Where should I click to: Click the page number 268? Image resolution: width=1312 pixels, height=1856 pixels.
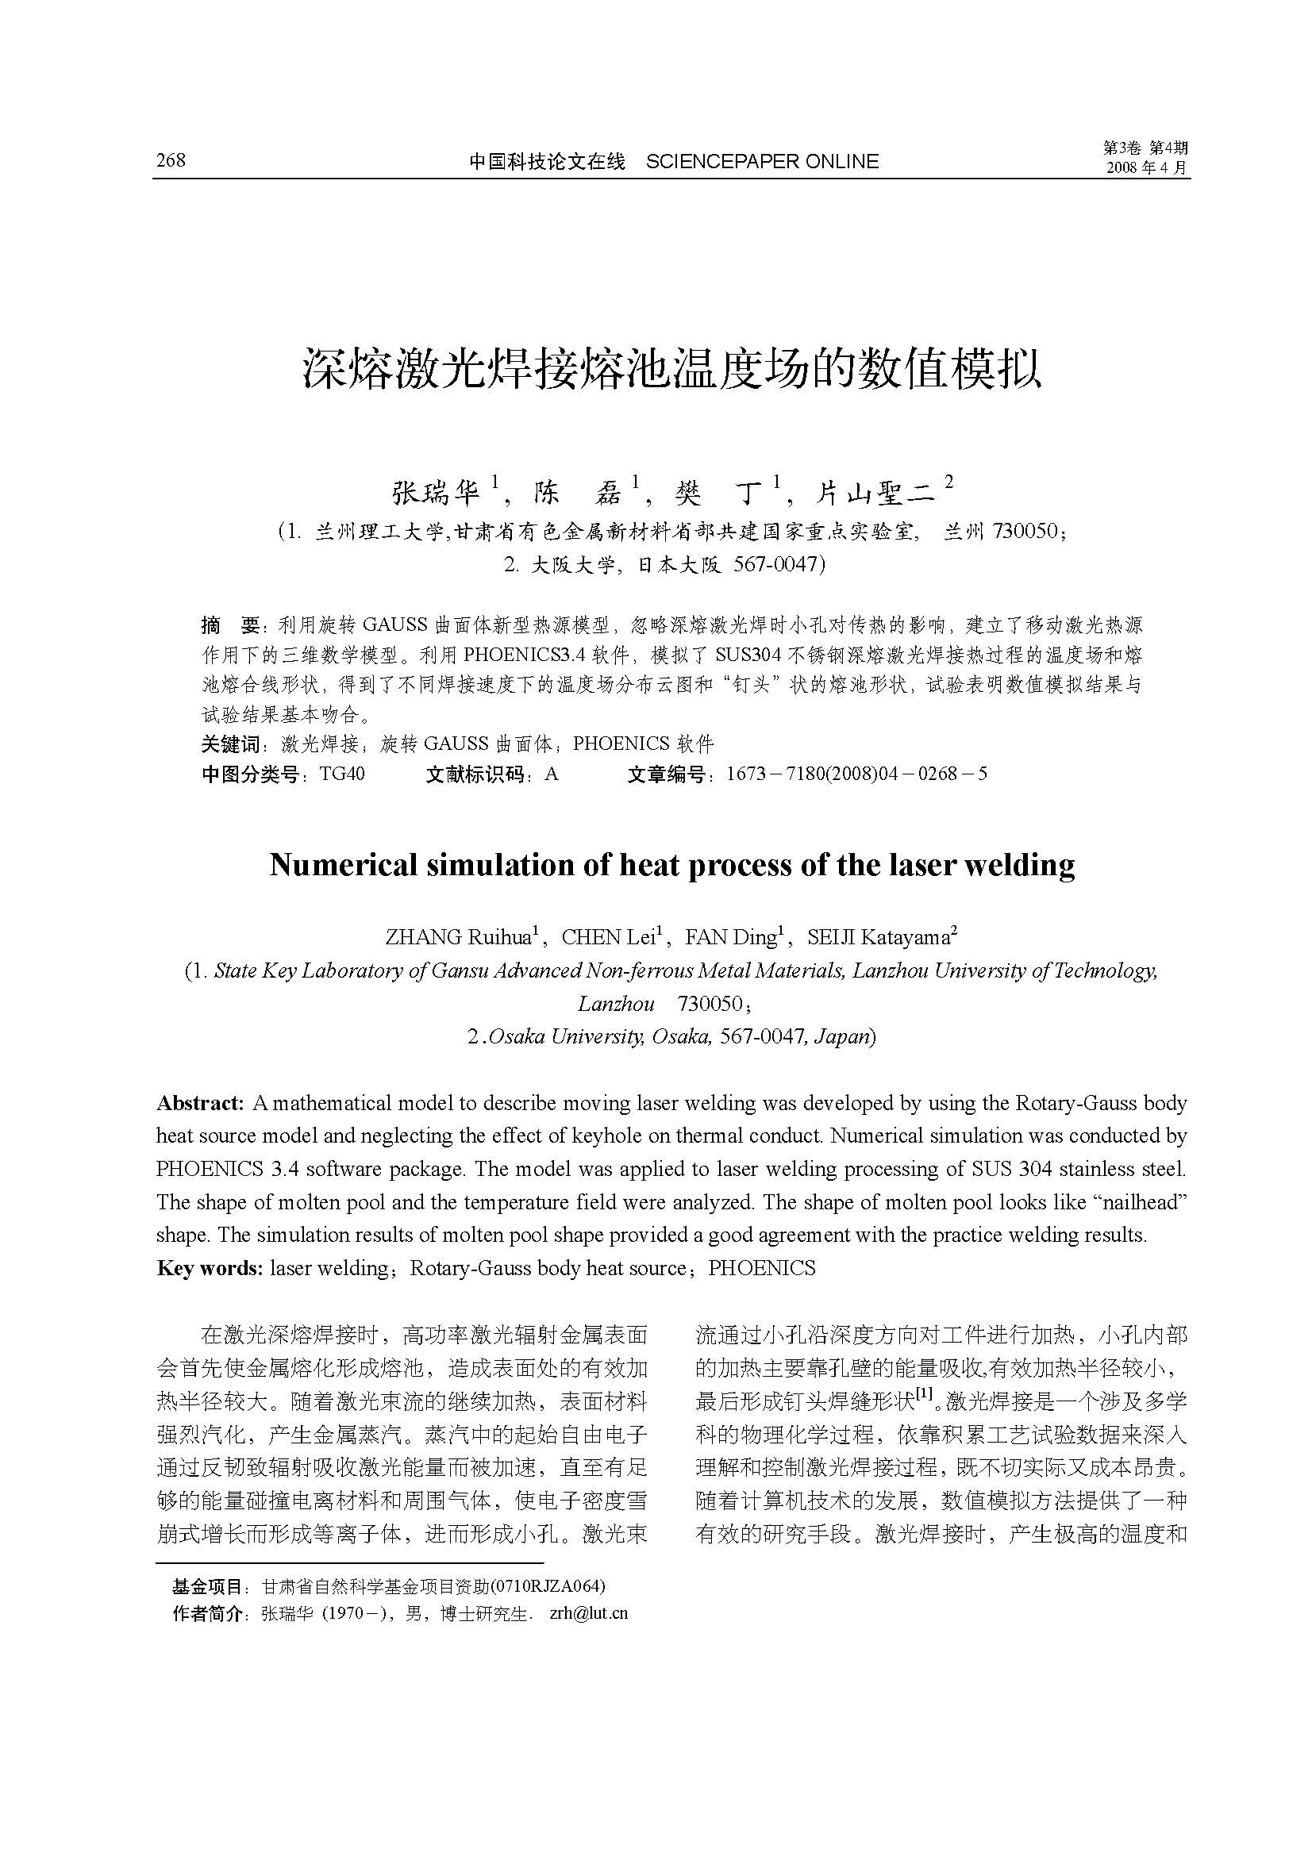[x=171, y=160]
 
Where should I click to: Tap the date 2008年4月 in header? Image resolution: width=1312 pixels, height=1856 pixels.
[x=1146, y=168]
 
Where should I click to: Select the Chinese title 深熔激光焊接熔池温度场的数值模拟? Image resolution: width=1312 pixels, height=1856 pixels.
[x=671, y=370]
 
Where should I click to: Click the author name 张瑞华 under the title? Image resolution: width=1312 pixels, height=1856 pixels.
[x=437, y=490]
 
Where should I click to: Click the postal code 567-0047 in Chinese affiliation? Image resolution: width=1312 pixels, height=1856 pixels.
[x=776, y=564]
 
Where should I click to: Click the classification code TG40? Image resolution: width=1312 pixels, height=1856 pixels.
[x=342, y=774]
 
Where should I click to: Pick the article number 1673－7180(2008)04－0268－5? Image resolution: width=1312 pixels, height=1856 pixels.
[x=857, y=774]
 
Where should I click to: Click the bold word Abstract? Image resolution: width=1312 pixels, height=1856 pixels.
[x=200, y=1103]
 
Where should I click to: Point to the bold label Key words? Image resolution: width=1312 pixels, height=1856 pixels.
[x=210, y=1267]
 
